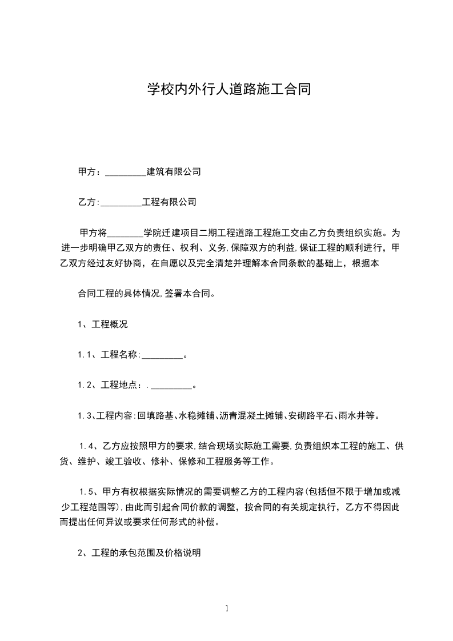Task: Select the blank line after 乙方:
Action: [x=121, y=202]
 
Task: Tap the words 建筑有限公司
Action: [x=174, y=171]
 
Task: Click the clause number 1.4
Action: [x=87, y=446]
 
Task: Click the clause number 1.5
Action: [x=87, y=492]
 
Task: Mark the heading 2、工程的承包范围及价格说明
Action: [x=139, y=553]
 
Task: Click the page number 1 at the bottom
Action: [x=227, y=608]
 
